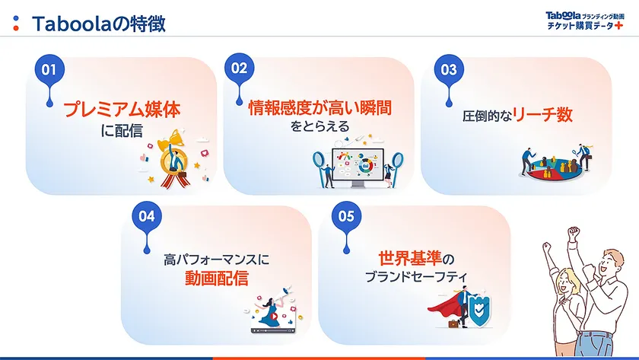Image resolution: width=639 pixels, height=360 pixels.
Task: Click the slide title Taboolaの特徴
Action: pyautogui.click(x=99, y=23)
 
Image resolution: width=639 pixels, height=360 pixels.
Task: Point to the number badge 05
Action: pyautogui.click(x=346, y=216)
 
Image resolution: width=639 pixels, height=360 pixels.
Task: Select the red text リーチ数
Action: pyautogui.click(x=542, y=116)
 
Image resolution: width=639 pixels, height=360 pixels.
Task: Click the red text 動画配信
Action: pyautogui.click(x=216, y=278)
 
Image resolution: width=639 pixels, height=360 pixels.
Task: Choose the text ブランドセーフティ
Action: pyautogui.click(x=415, y=276)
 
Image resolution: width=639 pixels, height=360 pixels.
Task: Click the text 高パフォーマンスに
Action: pyautogui.click(x=217, y=259)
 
